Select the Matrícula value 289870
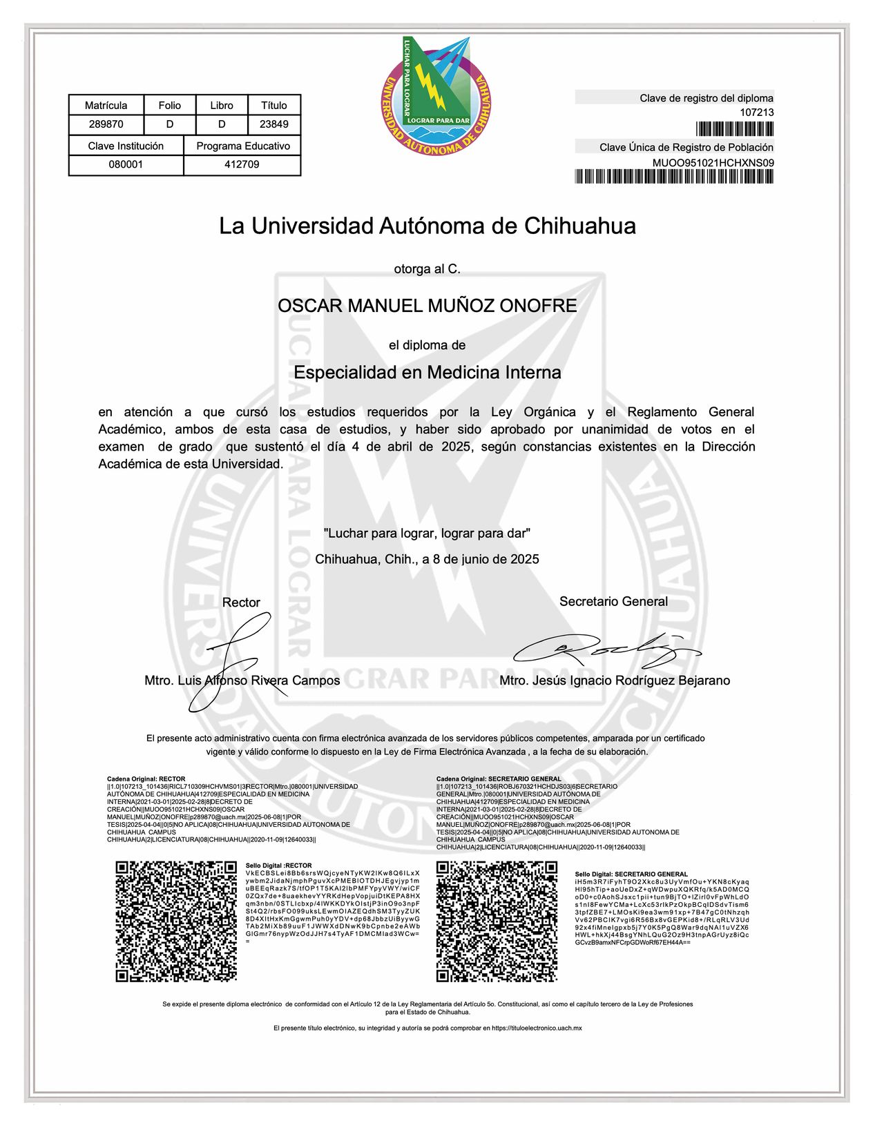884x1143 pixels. tap(106, 124)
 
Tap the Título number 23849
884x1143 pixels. tap(274, 124)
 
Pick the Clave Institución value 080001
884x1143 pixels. tap(126, 165)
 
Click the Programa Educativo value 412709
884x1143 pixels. tap(242, 165)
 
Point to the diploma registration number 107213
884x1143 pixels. tap(757, 113)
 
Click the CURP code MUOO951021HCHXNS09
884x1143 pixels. tap(713, 163)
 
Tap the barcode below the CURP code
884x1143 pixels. tap(674, 177)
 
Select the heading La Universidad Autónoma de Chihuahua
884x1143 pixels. tap(427, 226)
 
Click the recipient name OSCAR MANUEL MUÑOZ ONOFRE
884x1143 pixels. tap(427, 306)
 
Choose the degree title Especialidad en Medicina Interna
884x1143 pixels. tap(427, 373)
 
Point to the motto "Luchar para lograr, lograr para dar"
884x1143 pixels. tap(427, 534)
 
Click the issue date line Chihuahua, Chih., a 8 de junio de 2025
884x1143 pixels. tap(427, 559)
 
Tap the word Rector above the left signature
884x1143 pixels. tap(241, 603)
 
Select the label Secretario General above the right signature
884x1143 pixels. tap(613, 601)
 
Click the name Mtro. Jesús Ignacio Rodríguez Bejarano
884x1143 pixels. tap(615, 681)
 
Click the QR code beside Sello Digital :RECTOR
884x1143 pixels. tap(176, 921)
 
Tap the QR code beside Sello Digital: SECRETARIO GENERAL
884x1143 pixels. tap(497, 921)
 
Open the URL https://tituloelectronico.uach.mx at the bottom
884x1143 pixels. tap(537, 1028)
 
